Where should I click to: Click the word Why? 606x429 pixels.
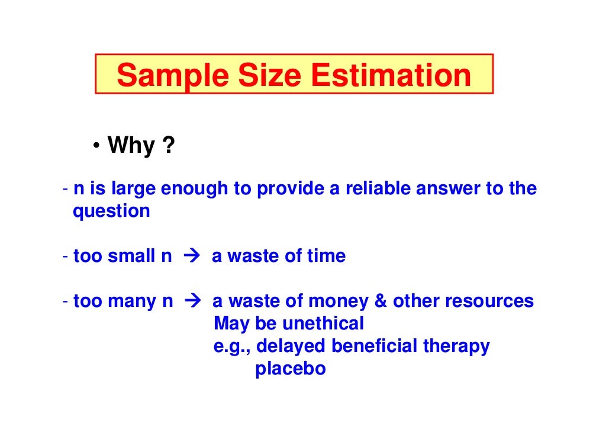[x=131, y=145]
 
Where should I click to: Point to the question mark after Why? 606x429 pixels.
[x=169, y=145]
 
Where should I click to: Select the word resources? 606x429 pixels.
[x=489, y=302]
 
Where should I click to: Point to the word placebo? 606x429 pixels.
[x=291, y=369]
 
